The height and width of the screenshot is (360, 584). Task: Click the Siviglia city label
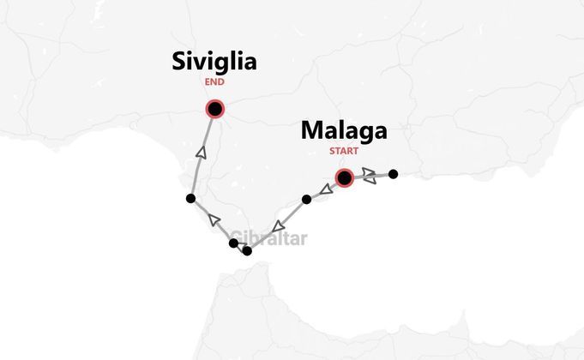[214, 62]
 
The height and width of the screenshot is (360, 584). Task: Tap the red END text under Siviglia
[214, 82]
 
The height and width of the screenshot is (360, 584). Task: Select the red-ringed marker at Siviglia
[214, 109]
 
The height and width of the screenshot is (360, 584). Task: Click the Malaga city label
[343, 132]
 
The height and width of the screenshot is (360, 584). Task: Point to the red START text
[343, 153]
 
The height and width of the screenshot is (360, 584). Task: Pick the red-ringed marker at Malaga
[344, 178]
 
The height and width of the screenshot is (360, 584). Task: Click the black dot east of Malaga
[393, 174]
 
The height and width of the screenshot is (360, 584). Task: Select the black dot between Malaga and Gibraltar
[306, 200]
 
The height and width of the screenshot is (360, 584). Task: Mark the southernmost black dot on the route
[247, 251]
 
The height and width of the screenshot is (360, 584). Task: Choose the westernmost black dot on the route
[190, 199]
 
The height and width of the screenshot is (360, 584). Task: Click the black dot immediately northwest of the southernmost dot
[233, 244]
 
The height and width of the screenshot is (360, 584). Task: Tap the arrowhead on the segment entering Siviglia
[202, 152]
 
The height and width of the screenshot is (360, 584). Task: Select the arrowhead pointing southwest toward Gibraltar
[276, 227]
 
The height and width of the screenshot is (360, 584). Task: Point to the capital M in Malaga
[311, 132]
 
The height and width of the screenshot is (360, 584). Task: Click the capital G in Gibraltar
[237, 238]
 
